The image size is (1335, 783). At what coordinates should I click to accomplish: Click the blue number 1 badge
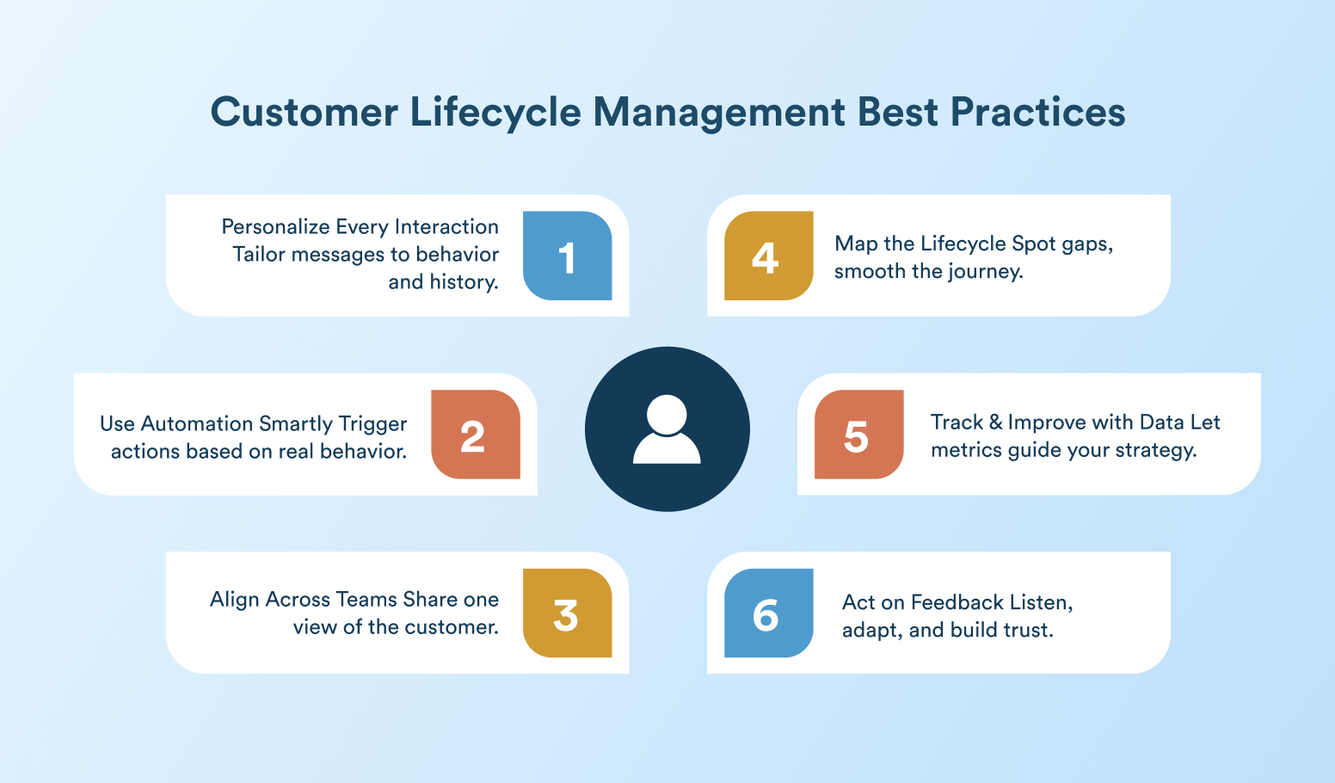(x=568, y=256)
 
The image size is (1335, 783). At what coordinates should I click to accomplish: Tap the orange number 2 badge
(x=476, y=435)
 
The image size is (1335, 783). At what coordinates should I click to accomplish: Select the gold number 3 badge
(x=568, y=613)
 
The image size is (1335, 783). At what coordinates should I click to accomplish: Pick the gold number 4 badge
(x=769, y=256)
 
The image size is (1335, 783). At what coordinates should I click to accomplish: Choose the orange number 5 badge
(x=858, y=435)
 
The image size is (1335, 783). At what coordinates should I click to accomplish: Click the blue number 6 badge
(x=769, y=613)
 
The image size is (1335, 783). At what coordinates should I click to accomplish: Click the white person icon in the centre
(x=667, y=428)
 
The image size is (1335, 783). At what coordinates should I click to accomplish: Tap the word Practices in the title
(x=1037, y=112)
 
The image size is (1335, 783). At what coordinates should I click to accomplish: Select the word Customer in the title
(x=304, y=112)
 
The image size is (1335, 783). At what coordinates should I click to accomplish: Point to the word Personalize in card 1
(x=275, y=227)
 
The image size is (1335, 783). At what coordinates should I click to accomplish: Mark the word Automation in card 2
(x=197, y=423)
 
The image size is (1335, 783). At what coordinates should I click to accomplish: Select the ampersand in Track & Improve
(x=995, y=422)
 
